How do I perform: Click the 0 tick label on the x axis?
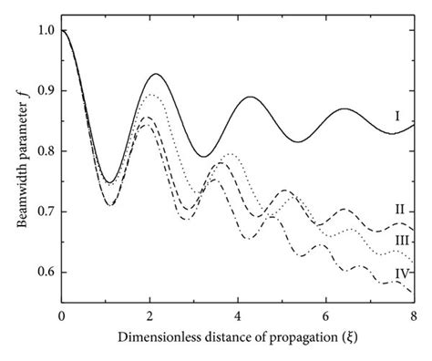click(61, 316)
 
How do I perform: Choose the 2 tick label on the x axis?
click(149, 316)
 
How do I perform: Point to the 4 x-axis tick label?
click(238, 316)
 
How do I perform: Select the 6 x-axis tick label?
click(325, 316)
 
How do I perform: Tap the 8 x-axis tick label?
click(414, 316)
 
